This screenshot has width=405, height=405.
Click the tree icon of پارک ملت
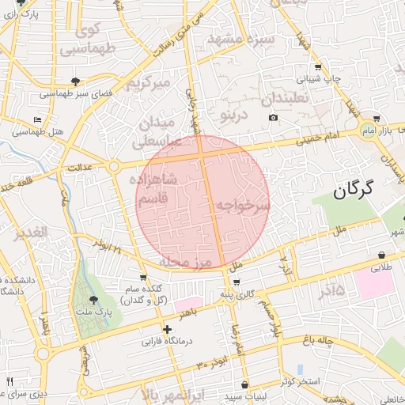pyautogui.click(x=93, y=300)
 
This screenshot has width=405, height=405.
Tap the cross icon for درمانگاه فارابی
pyautogui.click(x=167, y=329)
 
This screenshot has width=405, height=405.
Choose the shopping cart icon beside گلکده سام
pyautogui.click(x=142, y=277)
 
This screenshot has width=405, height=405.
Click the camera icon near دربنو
pyautogui.click(x=273, y=118)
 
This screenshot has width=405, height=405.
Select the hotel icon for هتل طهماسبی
pyautogui.click(x=37, y=119)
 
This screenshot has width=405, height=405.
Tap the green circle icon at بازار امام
pyautogui.click(x=368, y=128)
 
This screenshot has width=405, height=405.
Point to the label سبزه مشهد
pyautogui.click(x=240, y=38)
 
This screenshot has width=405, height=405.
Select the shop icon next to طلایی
pyautogui.click(x=383, y=255)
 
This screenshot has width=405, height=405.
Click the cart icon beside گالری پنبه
pyautogui.click(x=237, y=282)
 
